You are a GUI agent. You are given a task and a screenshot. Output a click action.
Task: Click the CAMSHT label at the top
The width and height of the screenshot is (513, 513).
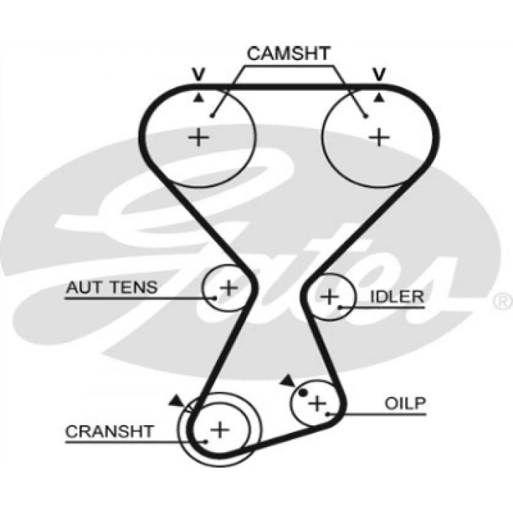tap(288, 53)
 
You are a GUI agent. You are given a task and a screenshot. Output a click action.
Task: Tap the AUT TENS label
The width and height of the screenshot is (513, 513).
tap(111, 287)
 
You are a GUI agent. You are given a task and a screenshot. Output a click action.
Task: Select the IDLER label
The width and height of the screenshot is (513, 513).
tap(396, 297)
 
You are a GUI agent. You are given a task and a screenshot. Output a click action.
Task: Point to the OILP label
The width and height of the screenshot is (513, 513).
tap(405, 403)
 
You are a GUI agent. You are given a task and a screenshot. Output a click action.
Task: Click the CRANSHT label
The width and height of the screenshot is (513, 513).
tap(109, 432)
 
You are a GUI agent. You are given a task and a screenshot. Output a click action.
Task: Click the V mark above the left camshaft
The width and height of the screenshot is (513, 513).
tap(199, 74)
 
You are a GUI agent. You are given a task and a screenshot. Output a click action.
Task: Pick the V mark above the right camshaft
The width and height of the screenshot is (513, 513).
tap(379, 74)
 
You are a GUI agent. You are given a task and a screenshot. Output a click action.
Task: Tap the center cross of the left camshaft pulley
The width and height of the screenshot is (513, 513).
tap(199, 137)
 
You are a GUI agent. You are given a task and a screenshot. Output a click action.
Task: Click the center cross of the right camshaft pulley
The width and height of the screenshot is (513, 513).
tap(379, 137)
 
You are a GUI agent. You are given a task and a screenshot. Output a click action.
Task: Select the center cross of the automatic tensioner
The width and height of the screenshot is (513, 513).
tap(229, 287)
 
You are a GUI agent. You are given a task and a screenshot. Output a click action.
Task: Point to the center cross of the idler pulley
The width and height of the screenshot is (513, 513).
tap(330, 297)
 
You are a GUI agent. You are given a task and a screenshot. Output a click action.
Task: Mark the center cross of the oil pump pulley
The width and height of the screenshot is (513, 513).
tap(317, 403)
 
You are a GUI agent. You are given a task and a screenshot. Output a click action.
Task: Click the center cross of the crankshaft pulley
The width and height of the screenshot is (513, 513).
tap(220, 429)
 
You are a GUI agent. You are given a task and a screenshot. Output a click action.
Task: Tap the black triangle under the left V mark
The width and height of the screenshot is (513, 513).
tap(199, 97)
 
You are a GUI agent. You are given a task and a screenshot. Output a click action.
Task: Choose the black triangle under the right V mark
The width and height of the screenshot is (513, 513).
tap(379, 97)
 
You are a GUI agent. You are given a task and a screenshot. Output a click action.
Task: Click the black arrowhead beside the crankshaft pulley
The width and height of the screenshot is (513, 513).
tap(177, 401)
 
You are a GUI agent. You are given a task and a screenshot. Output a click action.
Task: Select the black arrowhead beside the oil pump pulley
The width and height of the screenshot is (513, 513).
tap(288, 381)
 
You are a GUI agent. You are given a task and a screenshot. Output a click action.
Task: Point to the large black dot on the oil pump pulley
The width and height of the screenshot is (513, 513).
tap(303, 392)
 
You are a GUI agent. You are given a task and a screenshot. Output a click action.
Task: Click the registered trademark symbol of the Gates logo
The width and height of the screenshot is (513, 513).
tap(503, 301)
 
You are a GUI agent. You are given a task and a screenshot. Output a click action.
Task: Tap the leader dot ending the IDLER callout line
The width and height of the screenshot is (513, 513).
tap(340, 307)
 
